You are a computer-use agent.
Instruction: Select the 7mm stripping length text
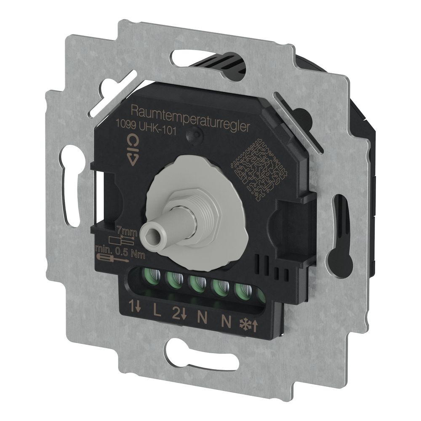[128, 232]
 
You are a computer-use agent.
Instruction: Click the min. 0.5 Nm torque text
[120, 252]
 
